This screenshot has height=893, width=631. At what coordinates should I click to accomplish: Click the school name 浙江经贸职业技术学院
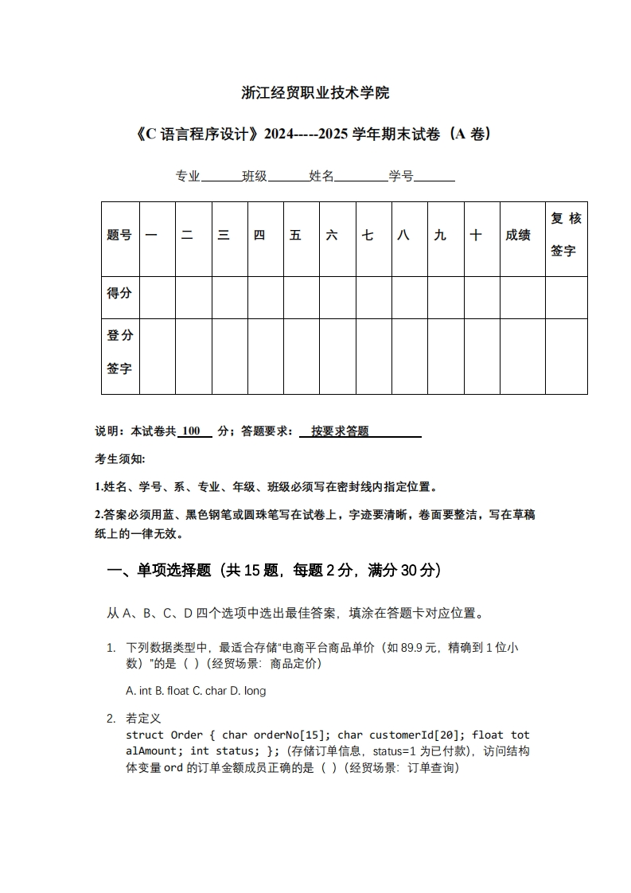[315, 93]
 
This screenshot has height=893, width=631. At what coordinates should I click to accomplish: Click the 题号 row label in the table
[119, 235]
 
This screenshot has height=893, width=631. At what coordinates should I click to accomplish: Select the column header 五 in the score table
[295, 235]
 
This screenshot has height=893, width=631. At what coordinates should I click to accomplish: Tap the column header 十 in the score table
[476, 235]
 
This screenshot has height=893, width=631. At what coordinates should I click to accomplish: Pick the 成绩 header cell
[518, 235]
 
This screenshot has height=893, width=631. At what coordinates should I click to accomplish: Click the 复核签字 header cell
[566, 235]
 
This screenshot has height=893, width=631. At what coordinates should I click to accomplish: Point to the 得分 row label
[119, 293]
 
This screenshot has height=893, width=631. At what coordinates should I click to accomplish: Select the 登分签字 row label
[119, 352]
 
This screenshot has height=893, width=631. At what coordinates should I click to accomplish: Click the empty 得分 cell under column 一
[157, 297]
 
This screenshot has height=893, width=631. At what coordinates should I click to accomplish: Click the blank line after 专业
[220, 177]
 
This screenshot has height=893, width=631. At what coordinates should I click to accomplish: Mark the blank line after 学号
[434, 177]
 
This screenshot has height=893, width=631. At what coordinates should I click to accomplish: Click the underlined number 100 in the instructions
[190, 431]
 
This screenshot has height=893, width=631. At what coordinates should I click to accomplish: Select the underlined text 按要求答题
[341, 431]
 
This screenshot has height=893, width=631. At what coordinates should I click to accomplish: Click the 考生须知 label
[120, 459]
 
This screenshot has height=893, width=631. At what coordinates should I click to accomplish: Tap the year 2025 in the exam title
[331, 134]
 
